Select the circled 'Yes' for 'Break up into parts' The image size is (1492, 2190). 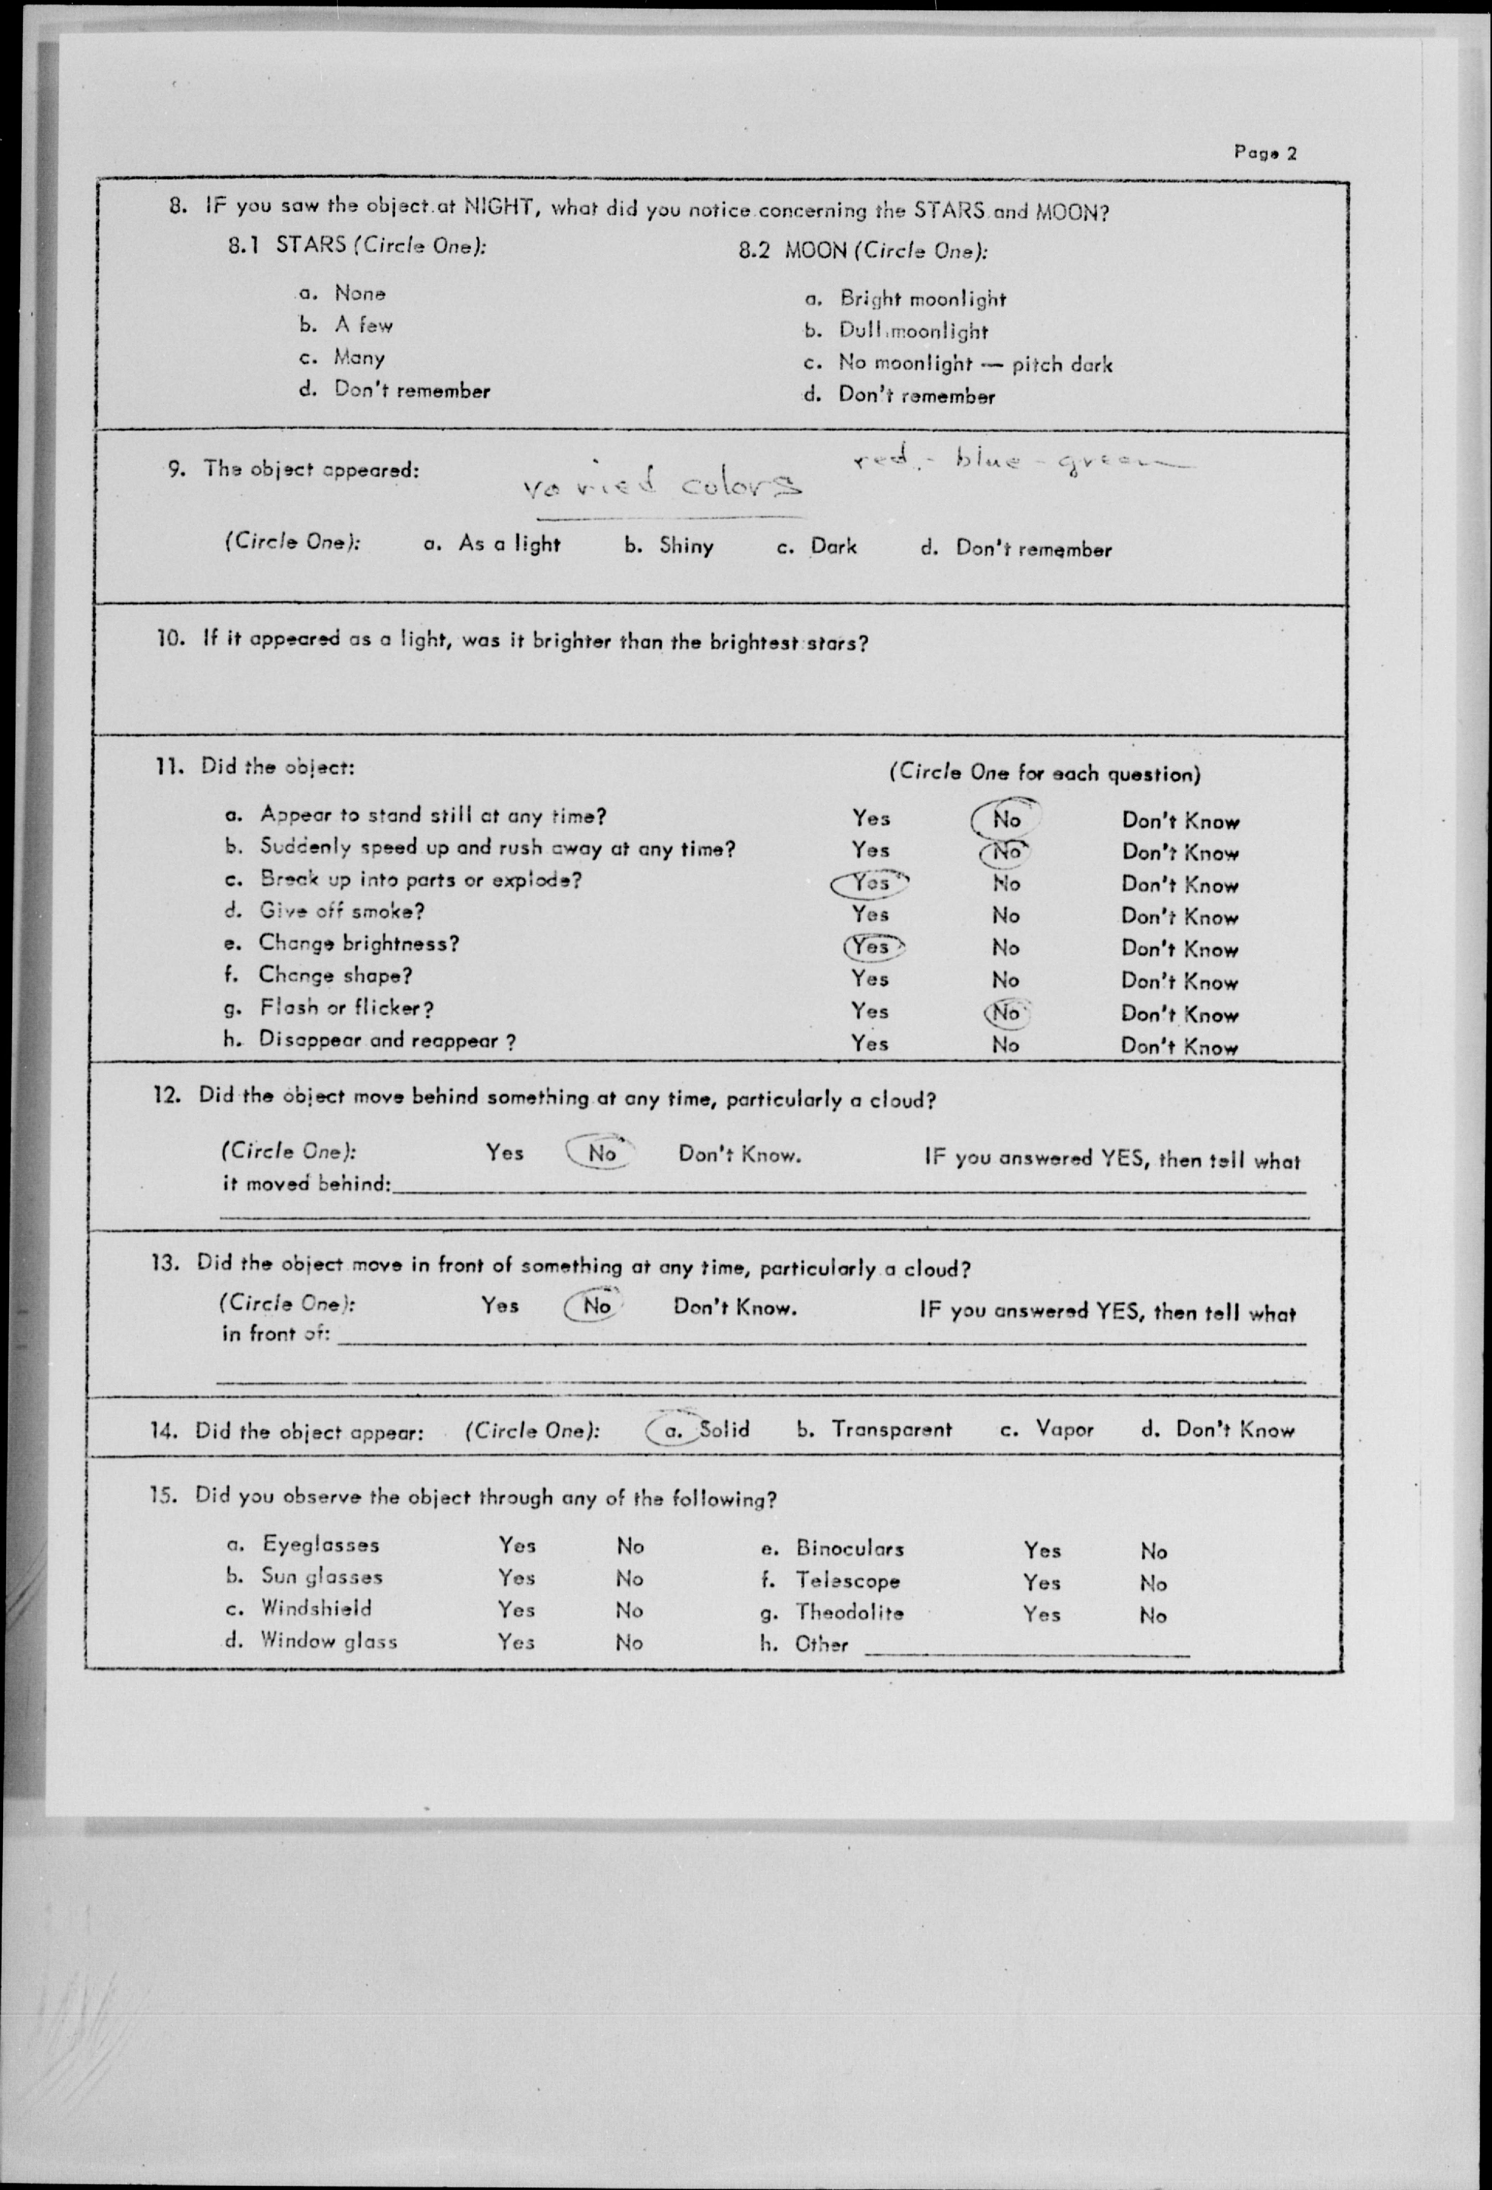tap(871, 883)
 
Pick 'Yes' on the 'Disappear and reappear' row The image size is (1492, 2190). tap(869, 1043)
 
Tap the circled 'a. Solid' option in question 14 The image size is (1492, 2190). tap(699, 1430)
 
